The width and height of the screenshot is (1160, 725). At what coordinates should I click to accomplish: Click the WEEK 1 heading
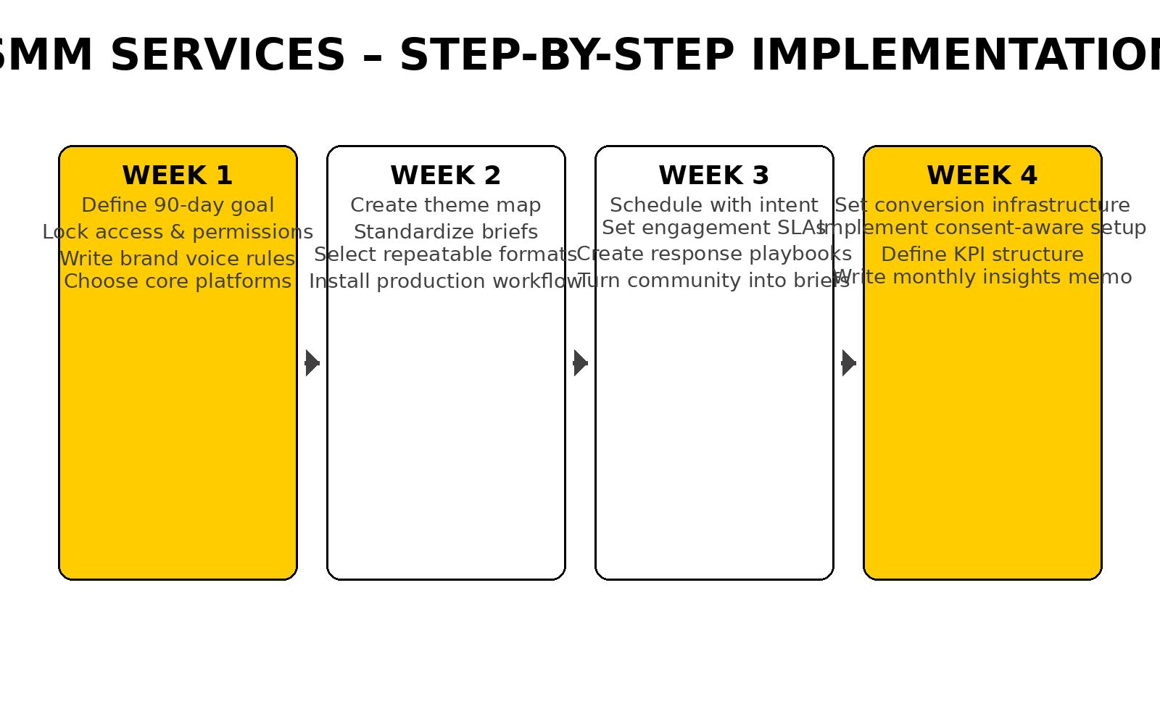click(178, 176)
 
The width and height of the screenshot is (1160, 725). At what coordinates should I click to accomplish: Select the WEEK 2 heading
click(446, 176)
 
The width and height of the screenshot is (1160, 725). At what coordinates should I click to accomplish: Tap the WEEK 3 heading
click(714, 176)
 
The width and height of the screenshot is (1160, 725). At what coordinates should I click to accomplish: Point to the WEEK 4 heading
click(982, 176)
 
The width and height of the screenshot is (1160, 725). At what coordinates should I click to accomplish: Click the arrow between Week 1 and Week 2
click(312, 362)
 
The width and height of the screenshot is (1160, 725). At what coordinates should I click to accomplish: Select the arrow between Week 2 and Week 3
click(581, 362)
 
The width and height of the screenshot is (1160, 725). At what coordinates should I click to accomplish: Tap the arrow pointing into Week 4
click(849, 362)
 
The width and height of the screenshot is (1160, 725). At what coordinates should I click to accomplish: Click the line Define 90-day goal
click(178, 205)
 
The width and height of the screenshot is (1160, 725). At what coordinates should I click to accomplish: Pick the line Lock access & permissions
click(178, 232)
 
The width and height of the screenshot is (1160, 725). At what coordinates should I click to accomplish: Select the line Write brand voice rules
click(178, 259)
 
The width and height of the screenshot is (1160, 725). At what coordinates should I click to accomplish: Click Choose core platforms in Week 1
click(178, 281)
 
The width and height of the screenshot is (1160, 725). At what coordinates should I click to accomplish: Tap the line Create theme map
click(446, 205)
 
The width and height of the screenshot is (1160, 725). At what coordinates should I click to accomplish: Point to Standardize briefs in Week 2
click(446, 232)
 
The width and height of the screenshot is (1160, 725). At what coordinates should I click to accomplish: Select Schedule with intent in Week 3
click(714, 205)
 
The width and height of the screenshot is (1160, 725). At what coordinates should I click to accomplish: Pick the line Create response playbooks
click(714, 254)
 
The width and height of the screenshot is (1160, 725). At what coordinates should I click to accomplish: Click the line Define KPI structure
click(982, 254)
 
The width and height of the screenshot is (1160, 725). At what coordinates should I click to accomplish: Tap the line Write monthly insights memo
click(982, 277)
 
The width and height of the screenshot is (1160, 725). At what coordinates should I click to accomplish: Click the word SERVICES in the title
click(228, 56)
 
